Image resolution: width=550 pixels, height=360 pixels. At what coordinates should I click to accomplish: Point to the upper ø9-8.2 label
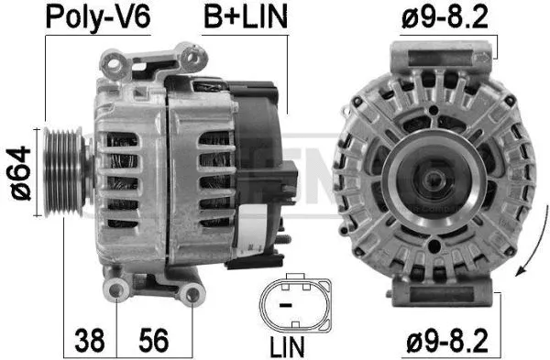pyautogui.click(x=453, y=16)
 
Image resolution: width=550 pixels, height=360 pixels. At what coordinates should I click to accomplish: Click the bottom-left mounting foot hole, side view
pyautogui.click(x=114, y=292)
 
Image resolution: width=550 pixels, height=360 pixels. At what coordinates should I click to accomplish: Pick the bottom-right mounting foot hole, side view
pyautogui.click(x=192, y=293)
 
